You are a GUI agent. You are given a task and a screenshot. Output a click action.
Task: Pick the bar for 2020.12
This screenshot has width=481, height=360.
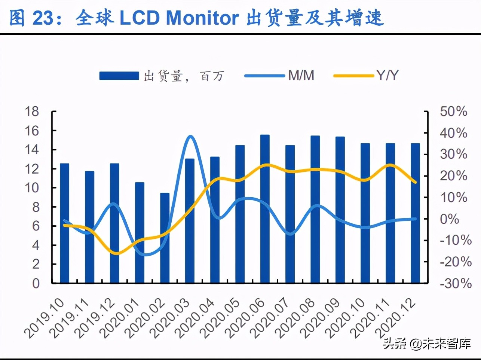click(415, 213)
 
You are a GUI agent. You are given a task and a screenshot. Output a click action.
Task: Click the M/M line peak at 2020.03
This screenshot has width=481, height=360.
click(190, 137)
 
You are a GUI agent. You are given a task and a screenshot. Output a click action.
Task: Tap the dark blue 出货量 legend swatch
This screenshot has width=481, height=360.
click(119, 76)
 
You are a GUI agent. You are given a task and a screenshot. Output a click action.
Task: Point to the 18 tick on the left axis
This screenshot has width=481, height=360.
click(32, 112)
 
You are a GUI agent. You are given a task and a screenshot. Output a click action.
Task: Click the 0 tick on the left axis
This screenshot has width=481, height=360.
click(36, 283)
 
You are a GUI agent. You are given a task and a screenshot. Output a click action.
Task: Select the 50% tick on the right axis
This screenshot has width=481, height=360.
click(453, 112)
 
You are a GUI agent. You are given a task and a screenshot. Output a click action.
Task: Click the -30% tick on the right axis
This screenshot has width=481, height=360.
click(455, 283)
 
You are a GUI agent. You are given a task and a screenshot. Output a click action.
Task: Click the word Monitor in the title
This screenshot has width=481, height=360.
click(202, 18)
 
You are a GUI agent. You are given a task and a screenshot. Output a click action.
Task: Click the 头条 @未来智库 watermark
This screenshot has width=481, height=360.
click(426, 343)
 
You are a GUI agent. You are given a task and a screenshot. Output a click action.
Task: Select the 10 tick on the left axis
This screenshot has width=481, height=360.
click(32, 188)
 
